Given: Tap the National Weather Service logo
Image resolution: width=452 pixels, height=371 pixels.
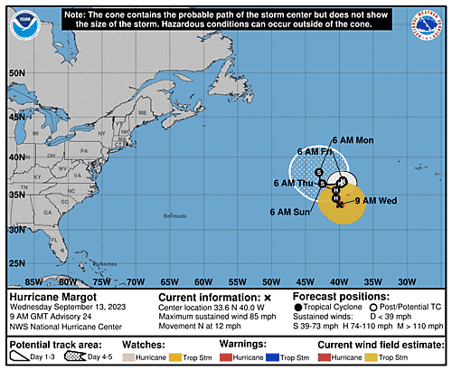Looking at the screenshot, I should (x=432, y=22).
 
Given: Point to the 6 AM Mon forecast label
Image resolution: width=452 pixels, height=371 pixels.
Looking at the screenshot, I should (x=353, y=140).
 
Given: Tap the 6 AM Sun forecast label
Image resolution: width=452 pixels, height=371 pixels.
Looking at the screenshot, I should (x=289, y=212).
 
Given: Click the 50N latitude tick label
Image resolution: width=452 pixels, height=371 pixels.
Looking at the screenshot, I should (x=15, y=73).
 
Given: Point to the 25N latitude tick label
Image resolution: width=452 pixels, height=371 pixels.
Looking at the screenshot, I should (x=15, y=263).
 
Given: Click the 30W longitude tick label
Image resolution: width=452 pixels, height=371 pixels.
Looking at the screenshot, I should (x=406, y=281).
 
